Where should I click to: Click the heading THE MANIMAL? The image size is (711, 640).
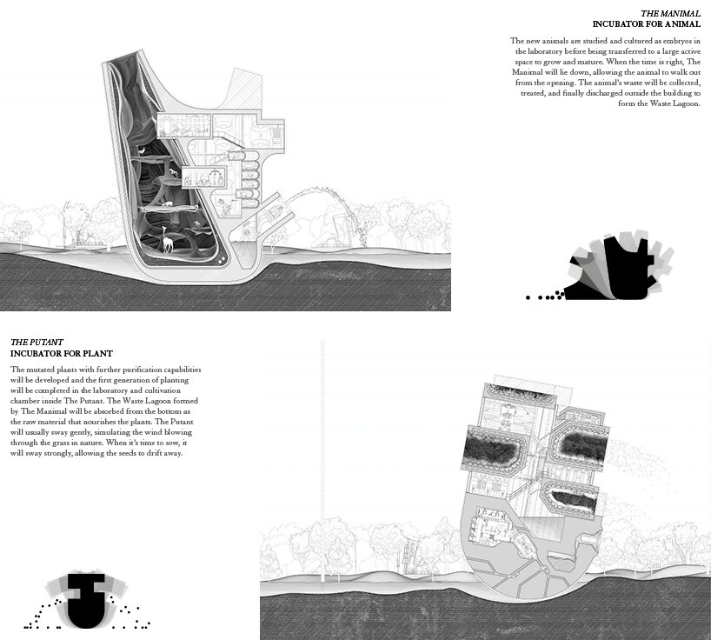[x=670, y=13]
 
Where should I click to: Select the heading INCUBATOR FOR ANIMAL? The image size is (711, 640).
[x=646, y=24]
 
